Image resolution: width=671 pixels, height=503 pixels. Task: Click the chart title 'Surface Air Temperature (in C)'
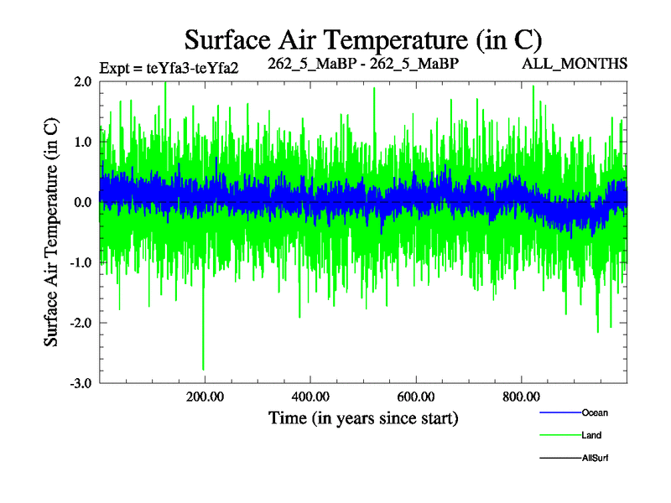click(362, 39)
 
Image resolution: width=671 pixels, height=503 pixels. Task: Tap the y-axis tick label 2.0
click(82, 81)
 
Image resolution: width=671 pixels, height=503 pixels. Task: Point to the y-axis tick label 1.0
click(82, 142)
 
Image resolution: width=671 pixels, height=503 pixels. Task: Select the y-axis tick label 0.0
click(82, 202)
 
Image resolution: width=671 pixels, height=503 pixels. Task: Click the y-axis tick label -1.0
click(81, 262)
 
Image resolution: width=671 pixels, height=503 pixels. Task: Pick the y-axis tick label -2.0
click(81, 323)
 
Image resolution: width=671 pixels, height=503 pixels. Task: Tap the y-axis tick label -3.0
click(81, 383)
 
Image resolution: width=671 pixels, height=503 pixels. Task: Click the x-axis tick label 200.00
click(205, 397)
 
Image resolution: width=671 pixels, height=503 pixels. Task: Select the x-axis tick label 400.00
click(310, 397)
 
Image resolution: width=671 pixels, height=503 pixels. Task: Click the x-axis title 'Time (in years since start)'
click(362, 417)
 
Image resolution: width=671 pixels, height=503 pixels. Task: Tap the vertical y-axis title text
click(51, 231)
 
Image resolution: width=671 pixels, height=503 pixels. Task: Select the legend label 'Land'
click(591, 435)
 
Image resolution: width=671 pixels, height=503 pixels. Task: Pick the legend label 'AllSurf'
click(595, 458)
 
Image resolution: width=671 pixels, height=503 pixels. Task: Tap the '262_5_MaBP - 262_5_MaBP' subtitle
click(363, 63)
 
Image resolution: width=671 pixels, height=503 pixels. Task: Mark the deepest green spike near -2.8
click(203, 367)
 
